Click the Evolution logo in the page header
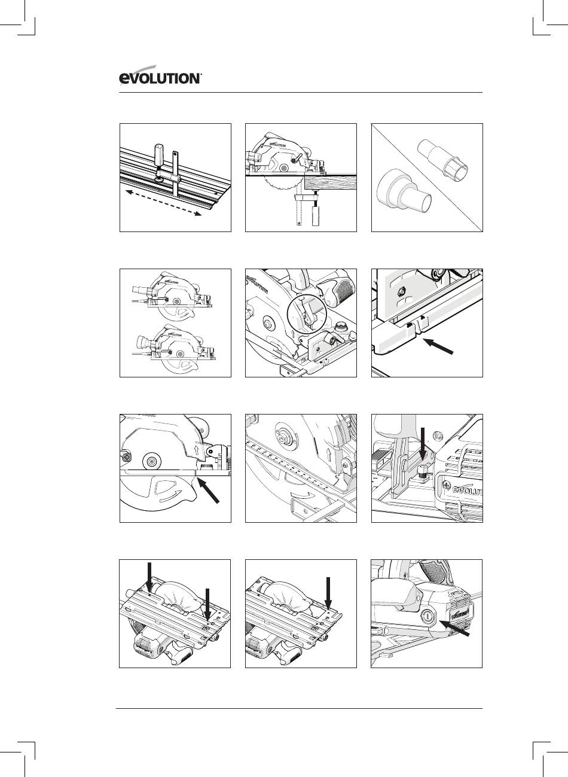160,75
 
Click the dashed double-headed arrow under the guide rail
163,203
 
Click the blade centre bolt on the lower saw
179,353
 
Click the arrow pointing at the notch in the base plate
439,346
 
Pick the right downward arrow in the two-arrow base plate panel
207,605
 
